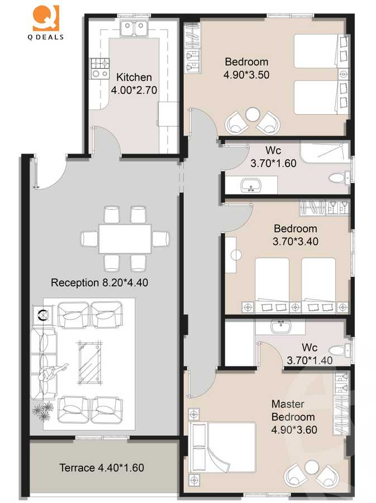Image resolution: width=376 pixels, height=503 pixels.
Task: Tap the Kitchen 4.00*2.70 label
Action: pos(134,83)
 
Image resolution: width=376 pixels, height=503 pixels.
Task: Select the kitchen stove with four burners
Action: pos(99,68)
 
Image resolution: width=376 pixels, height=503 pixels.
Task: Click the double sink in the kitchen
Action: pos(134,28)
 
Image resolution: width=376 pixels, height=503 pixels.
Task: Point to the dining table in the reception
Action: pos(125,239)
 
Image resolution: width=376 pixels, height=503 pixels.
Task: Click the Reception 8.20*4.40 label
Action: pos(99,283)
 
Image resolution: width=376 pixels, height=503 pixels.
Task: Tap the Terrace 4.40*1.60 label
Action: pos(102,467)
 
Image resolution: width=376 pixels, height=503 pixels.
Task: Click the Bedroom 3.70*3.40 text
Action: pos(295,235)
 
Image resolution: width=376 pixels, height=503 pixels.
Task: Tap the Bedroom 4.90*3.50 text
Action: pos(246,68)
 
